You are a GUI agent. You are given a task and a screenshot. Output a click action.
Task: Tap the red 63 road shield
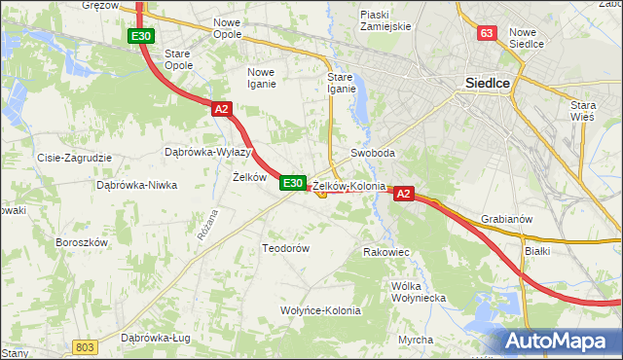(x=488, y=34)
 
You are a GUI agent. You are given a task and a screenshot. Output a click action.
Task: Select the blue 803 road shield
(x=86, y=347)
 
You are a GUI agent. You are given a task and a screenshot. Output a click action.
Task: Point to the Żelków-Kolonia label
(x=349, y=185)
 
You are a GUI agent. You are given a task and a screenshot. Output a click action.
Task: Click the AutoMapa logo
(x=559, y=342)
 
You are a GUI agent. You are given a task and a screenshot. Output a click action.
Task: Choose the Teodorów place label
(x=285, y=248)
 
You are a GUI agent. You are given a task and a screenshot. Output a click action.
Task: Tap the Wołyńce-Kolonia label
(x=320, y=310)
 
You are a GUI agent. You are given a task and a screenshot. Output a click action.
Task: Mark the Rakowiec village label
(x=386, y=252)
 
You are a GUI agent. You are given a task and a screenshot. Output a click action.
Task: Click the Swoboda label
(x=372, y=154)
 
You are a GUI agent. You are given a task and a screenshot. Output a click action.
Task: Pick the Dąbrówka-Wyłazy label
(x=207, y=153)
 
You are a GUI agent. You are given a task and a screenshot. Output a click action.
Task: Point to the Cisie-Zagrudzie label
(x=74, y=157)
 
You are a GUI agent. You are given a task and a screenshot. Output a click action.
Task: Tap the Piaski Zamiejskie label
(x=386, y=20)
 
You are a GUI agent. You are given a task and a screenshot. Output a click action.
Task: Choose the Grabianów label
(x=506, y=219)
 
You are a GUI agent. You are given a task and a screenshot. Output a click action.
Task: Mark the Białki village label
(x=537, y=250)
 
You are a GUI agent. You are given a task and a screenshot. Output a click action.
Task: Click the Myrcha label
(x=416, y=340)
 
